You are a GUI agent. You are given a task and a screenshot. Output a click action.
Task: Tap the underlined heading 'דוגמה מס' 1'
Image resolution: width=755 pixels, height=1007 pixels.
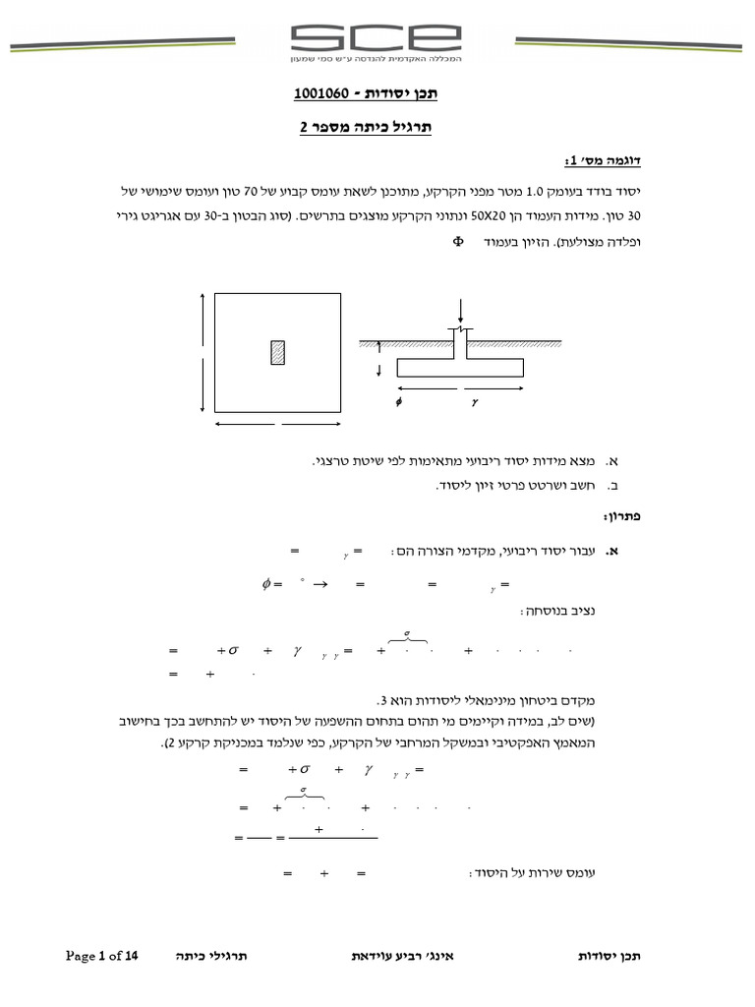pyautogui.click(x=602, y=160)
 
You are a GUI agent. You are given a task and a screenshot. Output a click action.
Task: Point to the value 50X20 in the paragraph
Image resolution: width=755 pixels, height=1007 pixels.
pyautogui.click(x=499, y=215)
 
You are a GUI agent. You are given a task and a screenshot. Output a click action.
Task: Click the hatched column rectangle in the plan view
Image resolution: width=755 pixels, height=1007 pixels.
pyautogui.click(x=278, y=352)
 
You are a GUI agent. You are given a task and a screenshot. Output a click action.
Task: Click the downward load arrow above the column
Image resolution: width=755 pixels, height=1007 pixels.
pyautogui.click(x=459, y=318)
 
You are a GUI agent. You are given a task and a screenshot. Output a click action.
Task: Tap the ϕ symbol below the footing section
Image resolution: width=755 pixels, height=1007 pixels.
pyautogui.click(x=398, y=402)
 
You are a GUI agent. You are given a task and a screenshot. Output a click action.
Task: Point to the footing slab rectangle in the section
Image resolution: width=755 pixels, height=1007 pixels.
pyautogui.click(x=459, y=369)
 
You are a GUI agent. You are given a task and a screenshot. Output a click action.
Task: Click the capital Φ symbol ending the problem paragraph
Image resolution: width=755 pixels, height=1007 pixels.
pyautogui.click(x=457, y=240)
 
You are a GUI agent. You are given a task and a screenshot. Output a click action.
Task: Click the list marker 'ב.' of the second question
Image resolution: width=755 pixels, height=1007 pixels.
pyautogui.click(x=611, y=486)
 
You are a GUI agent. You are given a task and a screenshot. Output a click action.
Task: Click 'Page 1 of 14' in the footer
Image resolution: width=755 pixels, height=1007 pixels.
pyautogui.click(x=103, y=955)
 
